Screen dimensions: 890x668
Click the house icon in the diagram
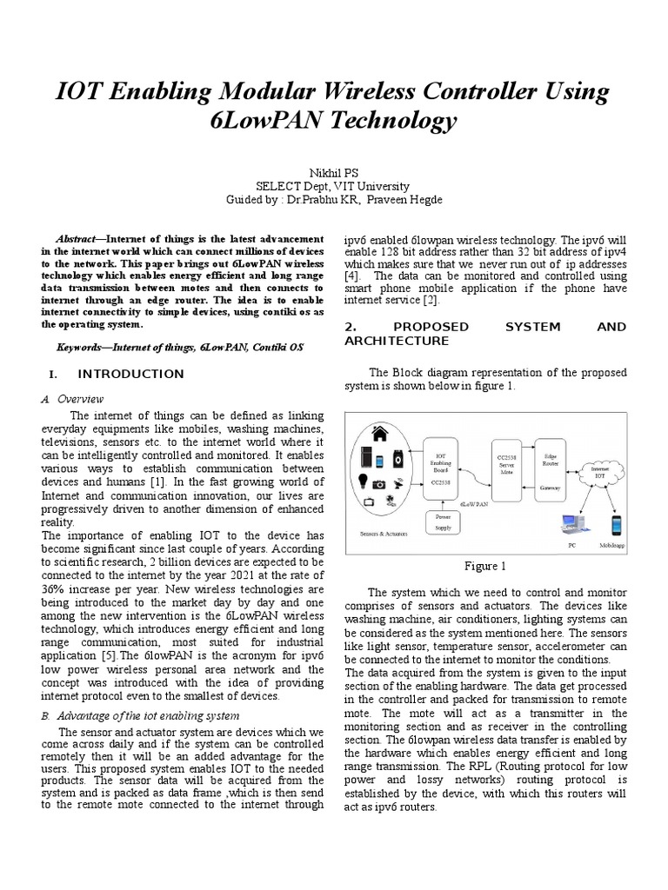379,434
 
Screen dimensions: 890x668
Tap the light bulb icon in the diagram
359,482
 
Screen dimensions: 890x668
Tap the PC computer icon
571,527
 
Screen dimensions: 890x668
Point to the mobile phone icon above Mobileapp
617,527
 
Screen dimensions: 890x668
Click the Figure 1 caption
484,567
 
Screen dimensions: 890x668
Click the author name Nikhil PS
333,172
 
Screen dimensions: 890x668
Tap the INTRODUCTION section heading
130,375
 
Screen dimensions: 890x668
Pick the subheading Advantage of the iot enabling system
147,715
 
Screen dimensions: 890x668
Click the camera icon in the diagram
379,484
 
